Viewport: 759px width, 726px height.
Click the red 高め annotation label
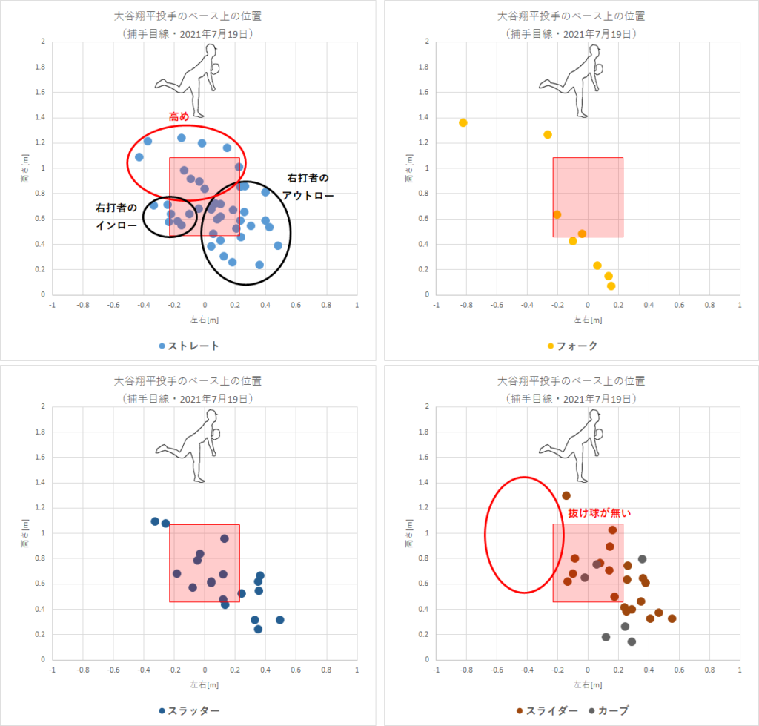(x=179, y=117)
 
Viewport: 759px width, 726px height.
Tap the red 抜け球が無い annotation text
(x=598, y=512)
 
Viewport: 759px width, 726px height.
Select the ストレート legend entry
(x=188, y=346)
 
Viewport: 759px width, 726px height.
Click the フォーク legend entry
(x=571, y=346)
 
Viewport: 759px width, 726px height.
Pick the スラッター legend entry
(x=188, y=710)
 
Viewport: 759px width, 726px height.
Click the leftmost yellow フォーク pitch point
(x=463, y=122)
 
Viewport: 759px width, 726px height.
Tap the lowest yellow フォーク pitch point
(x=611, y=286)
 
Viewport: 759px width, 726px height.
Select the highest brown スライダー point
(x=566, y=495)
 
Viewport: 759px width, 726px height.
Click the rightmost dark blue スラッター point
(x=280, y=620)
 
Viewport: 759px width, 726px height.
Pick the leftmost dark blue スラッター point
(x=155, y=521)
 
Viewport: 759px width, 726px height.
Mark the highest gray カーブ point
(x=642, y=559)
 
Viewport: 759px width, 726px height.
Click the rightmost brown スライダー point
(x=672, y=618)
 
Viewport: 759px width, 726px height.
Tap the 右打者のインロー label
(x=116, y=216)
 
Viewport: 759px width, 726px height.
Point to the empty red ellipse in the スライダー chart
(x=524, y=535)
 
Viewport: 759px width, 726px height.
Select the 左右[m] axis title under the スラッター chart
(x=205, y=683)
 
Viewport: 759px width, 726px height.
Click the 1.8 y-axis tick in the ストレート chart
(x=41, y=67)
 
